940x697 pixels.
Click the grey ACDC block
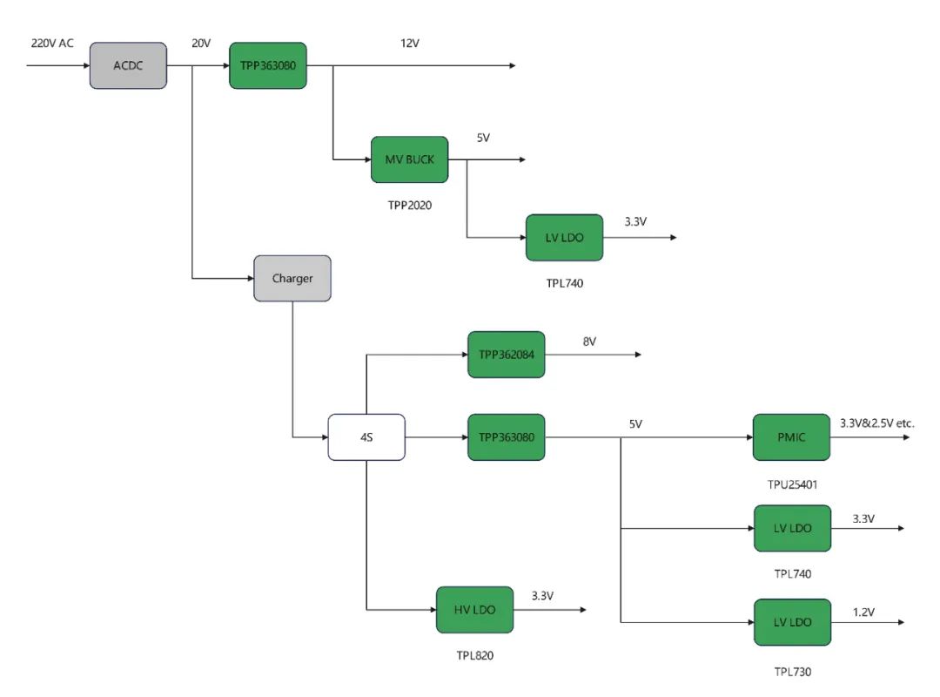tap(128, 65)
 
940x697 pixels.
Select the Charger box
tap(292, 279)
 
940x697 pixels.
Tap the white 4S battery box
tap(366, 437)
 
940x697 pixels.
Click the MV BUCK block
tap(409, 159)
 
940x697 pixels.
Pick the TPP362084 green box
tap(506, 355)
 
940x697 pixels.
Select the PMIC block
tap(791, 437)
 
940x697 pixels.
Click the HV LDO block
tap(474, 610)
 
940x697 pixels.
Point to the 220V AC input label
tap(52, 43)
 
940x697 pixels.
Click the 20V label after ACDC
tap(201, 43)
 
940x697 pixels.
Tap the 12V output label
tap(410, 43)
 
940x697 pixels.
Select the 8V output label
tap(589, 342)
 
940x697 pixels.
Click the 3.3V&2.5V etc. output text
tap(876, 423)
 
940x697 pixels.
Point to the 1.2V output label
tap(863, 612)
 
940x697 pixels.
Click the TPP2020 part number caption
tap(409, 206)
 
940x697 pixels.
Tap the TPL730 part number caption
tap(792, 671)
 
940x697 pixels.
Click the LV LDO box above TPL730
tap(791, 623)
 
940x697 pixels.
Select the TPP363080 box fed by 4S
tap(506, 437)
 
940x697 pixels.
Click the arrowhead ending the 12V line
tap(512, 66)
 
